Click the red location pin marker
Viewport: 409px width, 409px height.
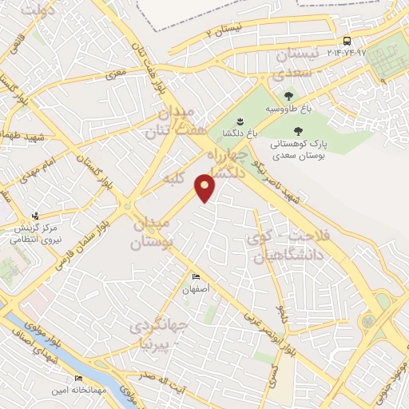(206, 189)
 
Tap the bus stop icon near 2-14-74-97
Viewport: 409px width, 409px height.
(347, 41)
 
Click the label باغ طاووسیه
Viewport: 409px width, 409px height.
(283, 108)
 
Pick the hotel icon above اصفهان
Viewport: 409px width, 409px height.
(196, 278)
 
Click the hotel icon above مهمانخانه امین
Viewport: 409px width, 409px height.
(78, 378)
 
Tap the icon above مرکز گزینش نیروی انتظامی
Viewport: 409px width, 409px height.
(35, 216)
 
